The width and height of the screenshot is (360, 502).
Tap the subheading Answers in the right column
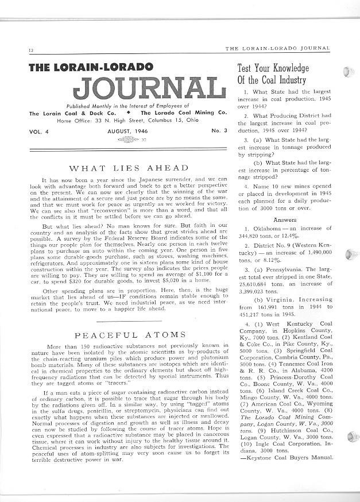click(x=285, y=219)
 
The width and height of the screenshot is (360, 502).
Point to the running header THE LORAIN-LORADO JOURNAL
click(x=278, y=48)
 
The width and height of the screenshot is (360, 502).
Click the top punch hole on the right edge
click(x=348, y=71)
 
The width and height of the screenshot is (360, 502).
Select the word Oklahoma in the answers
click(x=260, y=229)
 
